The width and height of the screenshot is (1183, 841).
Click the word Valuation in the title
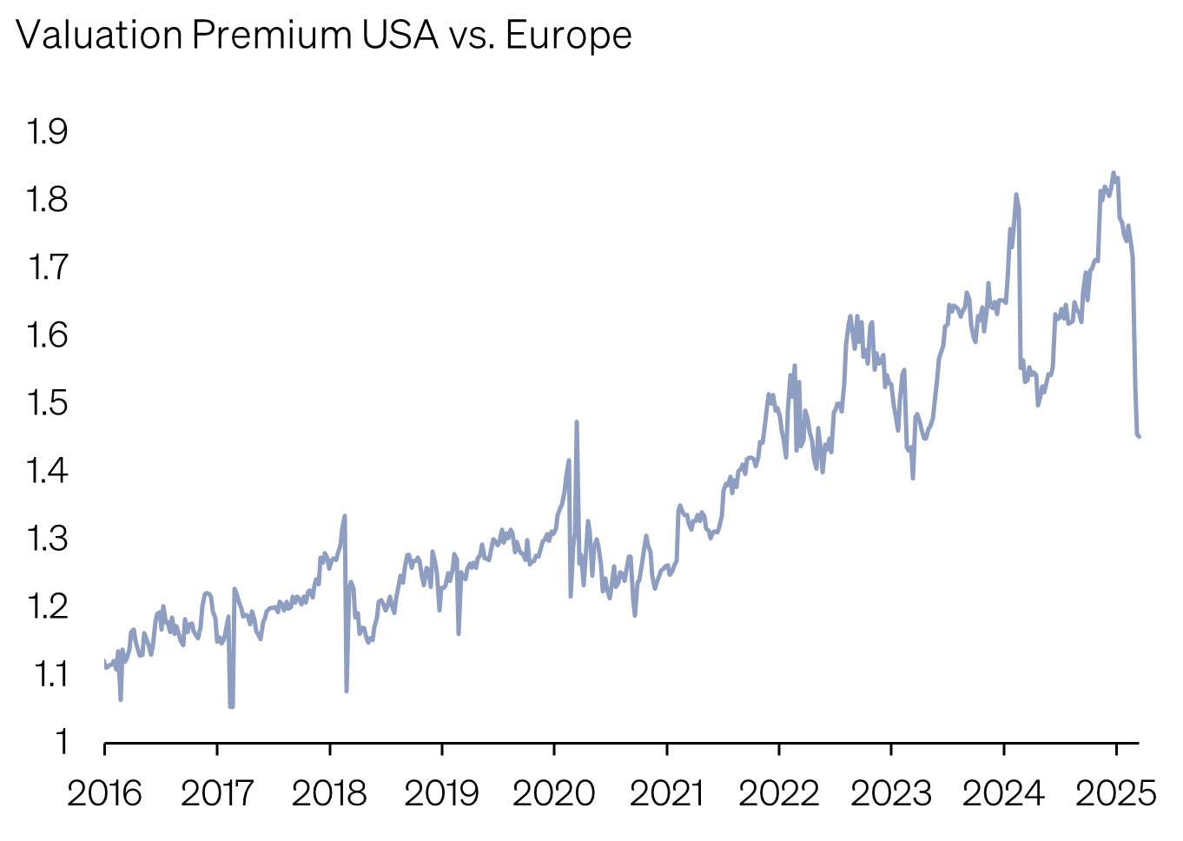pos(99,36)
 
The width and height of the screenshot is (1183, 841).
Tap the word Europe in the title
pos(568,36)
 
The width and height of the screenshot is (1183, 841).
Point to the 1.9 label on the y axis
pos(47,132)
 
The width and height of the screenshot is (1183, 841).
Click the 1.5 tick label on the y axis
pos(47,403)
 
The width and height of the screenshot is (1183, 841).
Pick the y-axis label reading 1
pos(61,742)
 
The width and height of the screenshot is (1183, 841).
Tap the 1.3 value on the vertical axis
pos(47,539)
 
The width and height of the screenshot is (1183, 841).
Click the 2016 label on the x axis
pos(104,793)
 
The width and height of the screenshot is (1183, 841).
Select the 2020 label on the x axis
pos(553,793)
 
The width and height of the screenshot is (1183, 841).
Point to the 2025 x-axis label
pos(1116,793)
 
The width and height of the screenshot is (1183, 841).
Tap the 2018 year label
pos(329,793)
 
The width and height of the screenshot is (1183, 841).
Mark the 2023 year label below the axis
pos(891,793)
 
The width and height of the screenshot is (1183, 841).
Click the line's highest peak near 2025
pos(1114,173)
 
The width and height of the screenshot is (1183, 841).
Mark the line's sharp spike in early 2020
pos(577,422)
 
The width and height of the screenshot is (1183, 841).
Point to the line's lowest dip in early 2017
pos(231,706)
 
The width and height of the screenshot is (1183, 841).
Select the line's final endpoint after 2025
pos(1139,436)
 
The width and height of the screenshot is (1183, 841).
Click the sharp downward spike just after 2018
pos(347,691)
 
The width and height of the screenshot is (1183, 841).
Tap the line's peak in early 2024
pos(1015,195)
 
